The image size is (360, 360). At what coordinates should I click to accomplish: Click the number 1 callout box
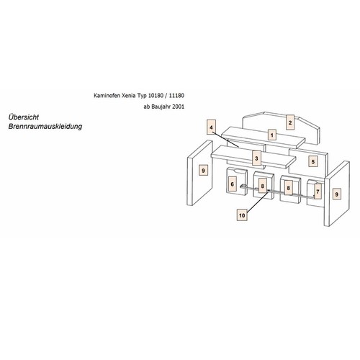tap(272, 135)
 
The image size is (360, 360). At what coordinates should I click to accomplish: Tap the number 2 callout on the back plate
tap(290, 122)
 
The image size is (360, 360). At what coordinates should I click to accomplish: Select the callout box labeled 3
tap(256, 158)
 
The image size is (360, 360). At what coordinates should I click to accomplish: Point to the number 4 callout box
tap(211, 127)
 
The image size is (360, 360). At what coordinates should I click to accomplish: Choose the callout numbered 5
tap(313, 162)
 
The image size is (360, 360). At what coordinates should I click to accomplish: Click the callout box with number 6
tap(232, 184)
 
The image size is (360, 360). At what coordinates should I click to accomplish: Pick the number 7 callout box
tap(318, 192)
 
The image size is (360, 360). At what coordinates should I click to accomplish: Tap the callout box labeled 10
tap(242, 215)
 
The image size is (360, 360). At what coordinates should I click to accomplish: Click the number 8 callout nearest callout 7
tap(289, 188)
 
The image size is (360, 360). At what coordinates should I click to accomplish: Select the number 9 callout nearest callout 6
tap(204, 171)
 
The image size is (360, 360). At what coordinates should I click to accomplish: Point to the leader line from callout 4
tap(225, 138)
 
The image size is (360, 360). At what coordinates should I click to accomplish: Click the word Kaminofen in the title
tap(105, 96)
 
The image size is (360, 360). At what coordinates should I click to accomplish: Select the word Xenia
tap(124, 96)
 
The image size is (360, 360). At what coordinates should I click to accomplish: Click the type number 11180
tap(176, 96)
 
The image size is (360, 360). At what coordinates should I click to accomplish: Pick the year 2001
tap(178, 107)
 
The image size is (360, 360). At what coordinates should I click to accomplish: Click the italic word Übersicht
tap(24, 117)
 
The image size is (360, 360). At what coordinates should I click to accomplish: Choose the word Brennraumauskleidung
tap(45, 126)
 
